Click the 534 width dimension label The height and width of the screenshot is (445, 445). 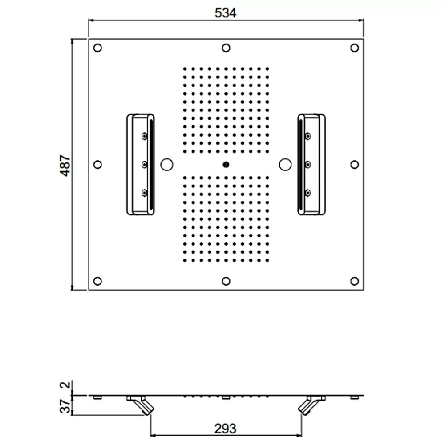pos(225,13)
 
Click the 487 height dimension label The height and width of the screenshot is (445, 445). pos(65,166)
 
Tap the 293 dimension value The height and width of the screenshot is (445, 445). pos(225,429)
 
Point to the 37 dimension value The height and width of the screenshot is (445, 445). pos(65,406)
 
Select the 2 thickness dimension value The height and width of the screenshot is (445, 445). pos(65,385)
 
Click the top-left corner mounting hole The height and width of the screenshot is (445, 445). pos(97,48)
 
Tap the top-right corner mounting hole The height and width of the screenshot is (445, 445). pos(355,48)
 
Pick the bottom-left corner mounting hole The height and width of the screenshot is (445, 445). pos(97,281)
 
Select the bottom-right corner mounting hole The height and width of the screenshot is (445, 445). pos(355,281)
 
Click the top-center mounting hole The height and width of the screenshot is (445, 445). pos(226,48)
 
